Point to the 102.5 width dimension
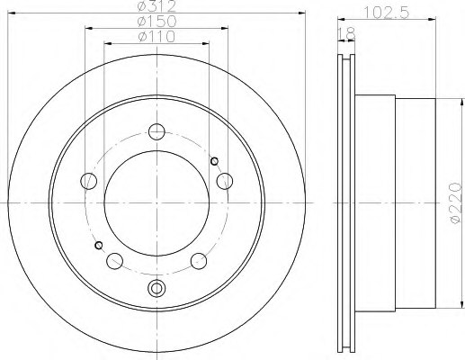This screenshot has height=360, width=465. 384,13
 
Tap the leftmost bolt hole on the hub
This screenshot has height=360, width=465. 88,180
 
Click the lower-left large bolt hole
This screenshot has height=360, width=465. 114,260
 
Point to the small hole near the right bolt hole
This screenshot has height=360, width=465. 214,161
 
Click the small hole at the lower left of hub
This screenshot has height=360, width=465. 98,245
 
